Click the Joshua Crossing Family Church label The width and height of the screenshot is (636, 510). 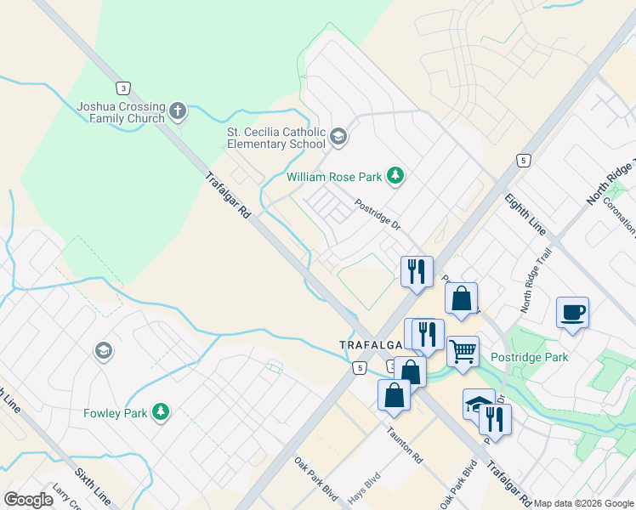(x=120, y=112)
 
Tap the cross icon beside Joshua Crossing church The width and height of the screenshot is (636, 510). (x=178, y=110)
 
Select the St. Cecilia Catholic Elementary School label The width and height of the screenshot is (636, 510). (x=275, y=138)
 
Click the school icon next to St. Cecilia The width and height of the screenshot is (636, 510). (x=338, y=136)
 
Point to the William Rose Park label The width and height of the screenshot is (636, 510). (x=333, y=177)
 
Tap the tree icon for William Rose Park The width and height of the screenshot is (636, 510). (x=395, y=175)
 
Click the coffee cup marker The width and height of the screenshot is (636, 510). (x=572, y=311)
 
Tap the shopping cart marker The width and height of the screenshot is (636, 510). (x=463, y=350)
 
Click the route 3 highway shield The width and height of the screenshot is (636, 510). (x=124, y=88)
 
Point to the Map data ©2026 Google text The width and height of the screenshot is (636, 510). (x=583, y=503)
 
